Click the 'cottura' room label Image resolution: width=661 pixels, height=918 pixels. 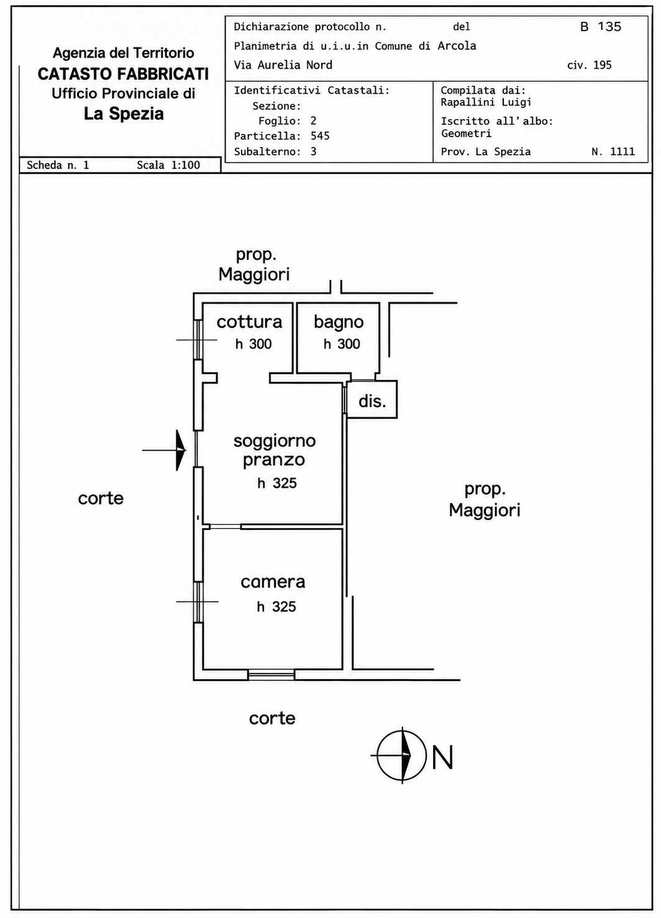249,322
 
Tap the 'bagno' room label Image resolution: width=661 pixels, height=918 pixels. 339,323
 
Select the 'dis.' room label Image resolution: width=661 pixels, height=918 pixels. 372,401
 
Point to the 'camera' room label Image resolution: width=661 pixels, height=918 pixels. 273,582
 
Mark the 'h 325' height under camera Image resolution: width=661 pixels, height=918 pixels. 276,606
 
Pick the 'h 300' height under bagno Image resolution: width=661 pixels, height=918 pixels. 342,344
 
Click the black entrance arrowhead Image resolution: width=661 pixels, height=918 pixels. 181,450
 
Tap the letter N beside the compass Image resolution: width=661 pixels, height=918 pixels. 442,757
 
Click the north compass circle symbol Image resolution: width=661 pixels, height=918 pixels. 402,756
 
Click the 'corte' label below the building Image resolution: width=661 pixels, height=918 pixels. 272,718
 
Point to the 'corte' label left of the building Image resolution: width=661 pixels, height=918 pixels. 101,498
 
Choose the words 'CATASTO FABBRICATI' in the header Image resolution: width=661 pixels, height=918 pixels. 123,74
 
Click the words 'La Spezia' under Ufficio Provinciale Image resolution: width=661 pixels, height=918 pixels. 124,114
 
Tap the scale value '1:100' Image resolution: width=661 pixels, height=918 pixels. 186,165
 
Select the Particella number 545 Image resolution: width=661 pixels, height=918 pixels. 320,136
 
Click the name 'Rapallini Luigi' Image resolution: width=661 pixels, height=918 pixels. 486,102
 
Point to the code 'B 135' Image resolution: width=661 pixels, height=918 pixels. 601,27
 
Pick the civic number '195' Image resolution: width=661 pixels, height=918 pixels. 603,65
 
